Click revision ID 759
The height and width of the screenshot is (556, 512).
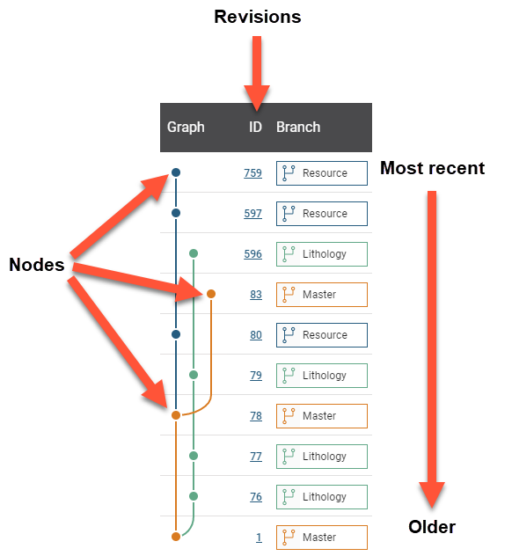click(252, 173)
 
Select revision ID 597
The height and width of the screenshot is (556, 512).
click(252, 214)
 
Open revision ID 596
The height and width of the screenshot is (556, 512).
click(252, 254)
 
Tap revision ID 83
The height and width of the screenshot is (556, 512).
click(256, 295)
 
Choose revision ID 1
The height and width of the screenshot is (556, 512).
click(259, 538)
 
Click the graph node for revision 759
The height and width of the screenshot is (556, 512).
click(176, 172)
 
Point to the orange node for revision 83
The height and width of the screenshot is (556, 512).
click(211, 294)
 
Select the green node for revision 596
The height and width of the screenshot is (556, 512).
click(194, 253)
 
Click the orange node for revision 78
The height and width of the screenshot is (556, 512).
click(176, 415)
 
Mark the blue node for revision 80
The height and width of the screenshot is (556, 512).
click(176, 334)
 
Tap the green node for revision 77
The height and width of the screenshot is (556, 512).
click(194, 456)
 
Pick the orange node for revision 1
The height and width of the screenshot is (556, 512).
click(176, 537)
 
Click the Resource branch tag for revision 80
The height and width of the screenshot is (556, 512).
click(322, 335)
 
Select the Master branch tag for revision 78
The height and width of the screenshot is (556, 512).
click(322, 416)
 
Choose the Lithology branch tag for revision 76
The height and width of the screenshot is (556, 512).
click(322, 497)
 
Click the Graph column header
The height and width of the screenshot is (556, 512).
click(186, 127)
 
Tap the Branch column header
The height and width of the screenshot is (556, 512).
click(298, 127)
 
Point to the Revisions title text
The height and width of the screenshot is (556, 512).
click(258, 17)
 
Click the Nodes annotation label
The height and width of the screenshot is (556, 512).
click(37, 265)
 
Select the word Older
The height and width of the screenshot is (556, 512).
click(432, 527)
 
